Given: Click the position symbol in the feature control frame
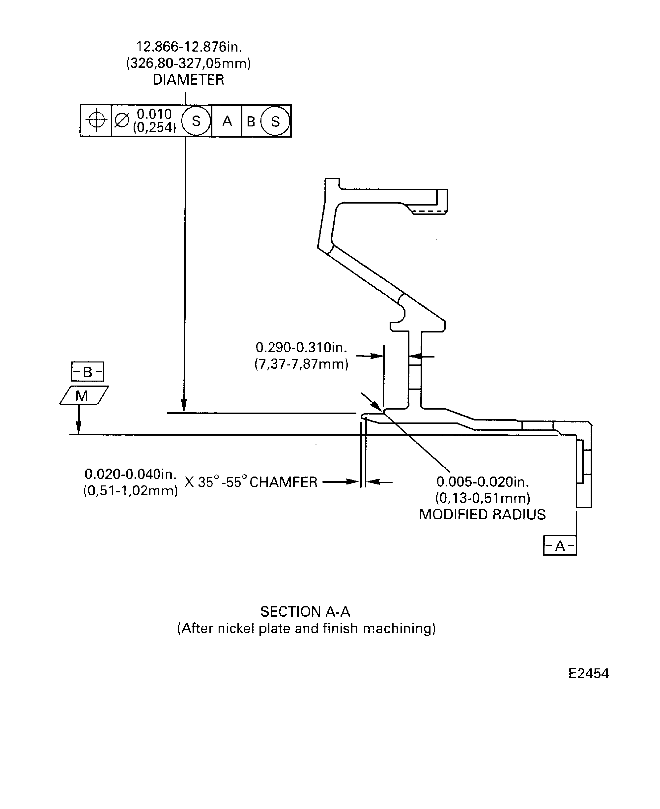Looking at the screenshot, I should tap(96, 120).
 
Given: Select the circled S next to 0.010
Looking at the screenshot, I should tap(196, 121).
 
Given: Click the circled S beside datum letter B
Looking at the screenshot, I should tap(275, 121).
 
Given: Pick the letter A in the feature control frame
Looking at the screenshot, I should tap(227, 121).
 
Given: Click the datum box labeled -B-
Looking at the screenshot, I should tap(87, 372).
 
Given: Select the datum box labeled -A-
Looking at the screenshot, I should tap(560, 546).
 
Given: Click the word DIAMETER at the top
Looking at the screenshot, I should tap(188, 80).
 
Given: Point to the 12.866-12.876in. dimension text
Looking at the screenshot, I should tap(189, 47).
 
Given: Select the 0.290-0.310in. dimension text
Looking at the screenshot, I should tap(301, 347).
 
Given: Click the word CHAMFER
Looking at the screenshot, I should tap(283, 482).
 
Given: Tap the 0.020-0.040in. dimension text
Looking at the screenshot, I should tap(130, 474).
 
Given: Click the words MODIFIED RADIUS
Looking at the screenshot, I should tap(482, 514).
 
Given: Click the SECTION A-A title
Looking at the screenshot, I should tap(305, 612).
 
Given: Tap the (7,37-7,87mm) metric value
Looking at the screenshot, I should tap(301, 364).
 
